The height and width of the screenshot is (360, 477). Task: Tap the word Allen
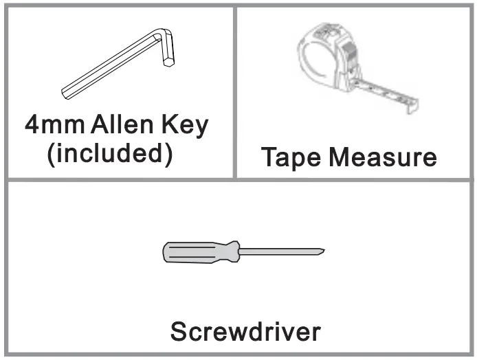point(119,126)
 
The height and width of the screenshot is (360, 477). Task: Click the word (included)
point(109,153)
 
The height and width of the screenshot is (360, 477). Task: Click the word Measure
point(382,157)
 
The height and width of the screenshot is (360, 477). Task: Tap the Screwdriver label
point(245,332)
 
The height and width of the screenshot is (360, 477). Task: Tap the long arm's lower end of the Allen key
point(67,91)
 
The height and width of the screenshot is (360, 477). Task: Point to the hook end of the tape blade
point(413,104)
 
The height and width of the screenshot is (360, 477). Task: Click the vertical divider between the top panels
point(235,93)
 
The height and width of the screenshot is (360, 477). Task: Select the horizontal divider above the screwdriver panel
point(238,179)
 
